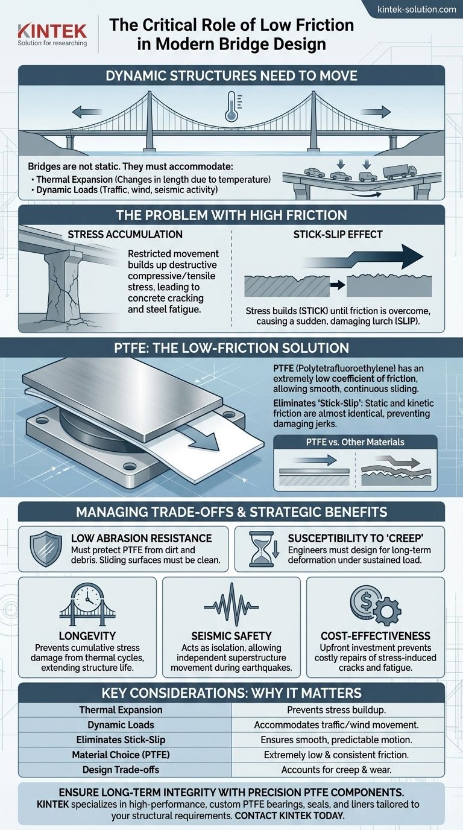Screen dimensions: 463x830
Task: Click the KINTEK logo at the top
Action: coord(52,35)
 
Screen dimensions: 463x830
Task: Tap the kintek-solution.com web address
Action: coord(417,9)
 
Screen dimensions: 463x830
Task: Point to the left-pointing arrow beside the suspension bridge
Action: coord(87,111)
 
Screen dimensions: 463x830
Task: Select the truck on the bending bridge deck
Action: coord(400,171)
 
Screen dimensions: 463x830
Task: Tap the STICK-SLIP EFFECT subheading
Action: coord(338,235)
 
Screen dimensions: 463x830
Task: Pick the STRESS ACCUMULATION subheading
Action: coord(125,235)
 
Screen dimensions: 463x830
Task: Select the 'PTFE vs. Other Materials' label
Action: coord(355,442)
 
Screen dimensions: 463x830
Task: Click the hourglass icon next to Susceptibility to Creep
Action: coord(263,548)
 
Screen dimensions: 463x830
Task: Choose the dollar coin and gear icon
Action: coord(375,604)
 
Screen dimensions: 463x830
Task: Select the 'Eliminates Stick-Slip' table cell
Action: coord(121,740)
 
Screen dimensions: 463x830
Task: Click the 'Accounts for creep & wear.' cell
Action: coord(336,770)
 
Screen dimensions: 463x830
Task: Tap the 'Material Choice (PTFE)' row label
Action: coord(121,755)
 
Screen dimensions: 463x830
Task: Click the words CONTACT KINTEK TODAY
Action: coord(289,816)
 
